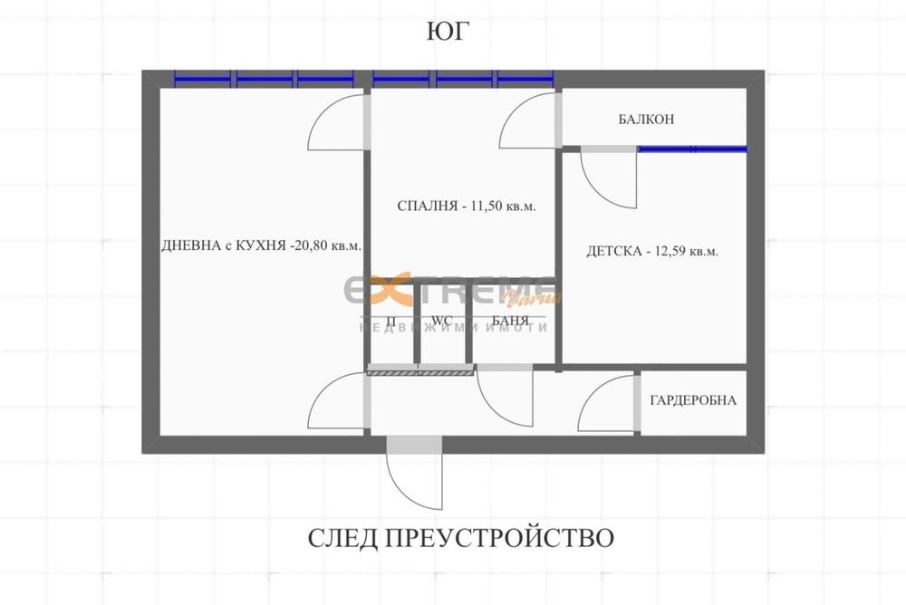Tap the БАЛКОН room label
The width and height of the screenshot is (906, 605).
(646, 119)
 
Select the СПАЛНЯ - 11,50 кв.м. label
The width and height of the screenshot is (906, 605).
(467, 206)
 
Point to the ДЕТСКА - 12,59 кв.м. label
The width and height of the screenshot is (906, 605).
(652, 251)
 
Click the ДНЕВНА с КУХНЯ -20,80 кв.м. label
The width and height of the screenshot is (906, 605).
(261, 245)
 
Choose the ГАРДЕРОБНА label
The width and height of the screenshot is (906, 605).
(693, 400)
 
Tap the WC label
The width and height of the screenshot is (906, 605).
(442, 320)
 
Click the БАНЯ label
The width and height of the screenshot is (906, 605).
(510, 320)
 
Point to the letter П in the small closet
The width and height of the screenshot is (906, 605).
(391, 320)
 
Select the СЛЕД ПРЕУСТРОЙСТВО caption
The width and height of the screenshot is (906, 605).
(460, 537)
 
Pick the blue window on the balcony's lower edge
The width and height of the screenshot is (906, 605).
(692, 149)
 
